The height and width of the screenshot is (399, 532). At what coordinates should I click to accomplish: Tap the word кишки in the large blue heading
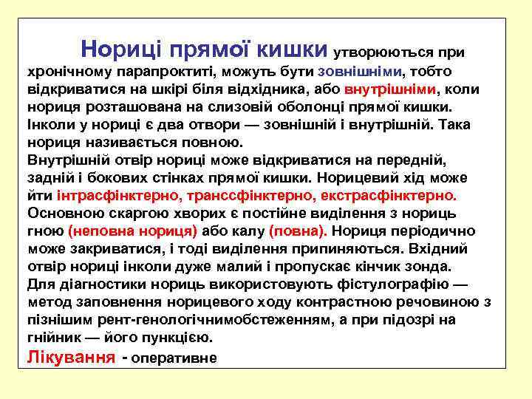click(x=292, y=50)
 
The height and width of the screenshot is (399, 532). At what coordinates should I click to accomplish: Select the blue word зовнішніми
click(x=360, y=72)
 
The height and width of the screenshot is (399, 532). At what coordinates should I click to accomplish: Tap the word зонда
click(x=432, y=266)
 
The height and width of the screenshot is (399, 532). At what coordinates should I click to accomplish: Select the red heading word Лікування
click(x=70, y=357)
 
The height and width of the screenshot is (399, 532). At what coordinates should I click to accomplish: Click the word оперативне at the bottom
click(x=174, y=358)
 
